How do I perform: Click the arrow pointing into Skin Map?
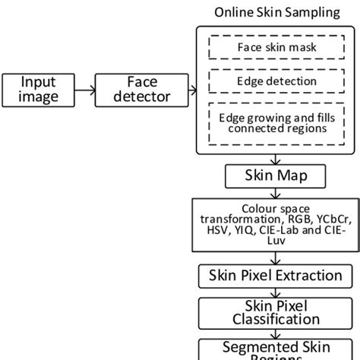[x=270, y=160]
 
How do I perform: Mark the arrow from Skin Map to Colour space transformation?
[x=270, y=194]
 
